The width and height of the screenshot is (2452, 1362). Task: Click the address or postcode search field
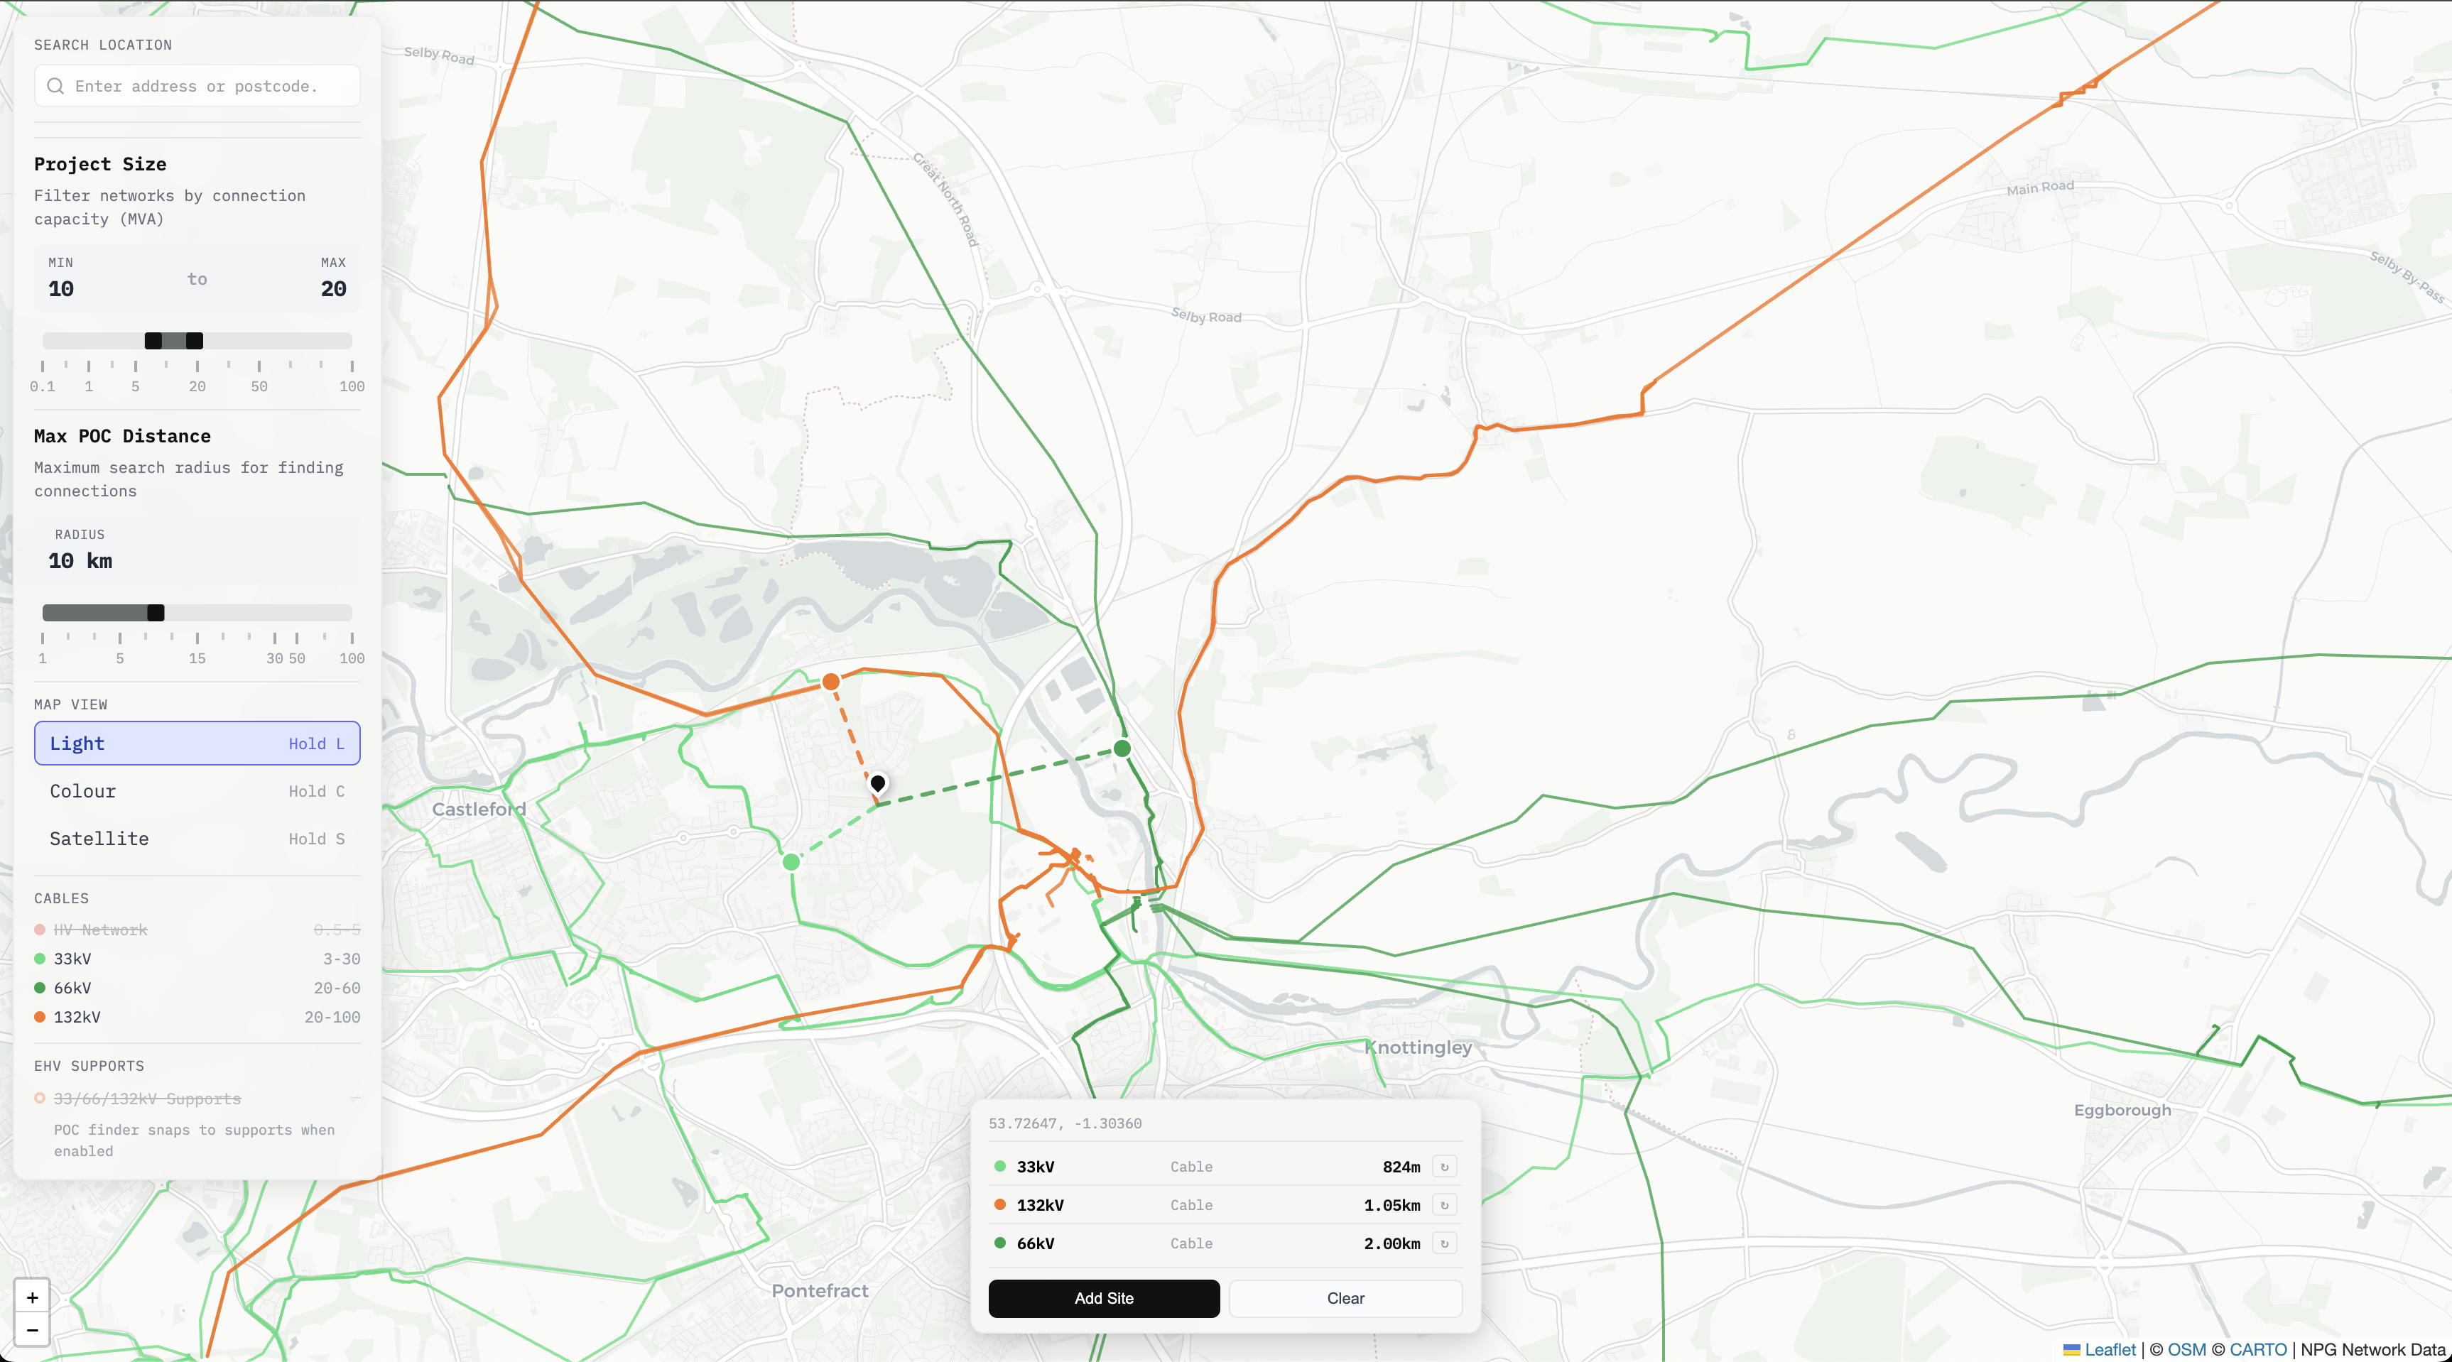tap(196, 86)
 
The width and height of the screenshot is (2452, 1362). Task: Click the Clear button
tap(1345, 1298)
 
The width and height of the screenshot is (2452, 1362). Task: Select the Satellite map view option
tap(196, 839)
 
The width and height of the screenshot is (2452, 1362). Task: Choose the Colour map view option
tap(196, 791)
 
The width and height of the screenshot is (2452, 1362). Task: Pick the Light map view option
tap(196, 743)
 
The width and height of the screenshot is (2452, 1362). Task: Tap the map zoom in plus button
tap(33, 1297)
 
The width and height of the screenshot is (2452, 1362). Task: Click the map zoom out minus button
tap(33, 1329)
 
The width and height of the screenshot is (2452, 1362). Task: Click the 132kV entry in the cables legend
tap(77, 1016)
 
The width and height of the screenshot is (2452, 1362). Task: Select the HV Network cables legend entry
tap(100, 930)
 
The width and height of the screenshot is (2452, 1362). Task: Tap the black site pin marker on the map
tap(878, 783)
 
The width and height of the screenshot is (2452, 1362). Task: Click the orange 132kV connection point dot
tap(831, 682)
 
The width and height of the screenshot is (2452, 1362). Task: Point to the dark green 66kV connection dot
tap(1122, 748)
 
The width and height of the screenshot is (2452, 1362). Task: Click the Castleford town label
tap(479, 809)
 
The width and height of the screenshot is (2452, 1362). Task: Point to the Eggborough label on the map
tap(2122, 1110)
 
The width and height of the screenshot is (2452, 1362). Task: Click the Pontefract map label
tap(820, 1290)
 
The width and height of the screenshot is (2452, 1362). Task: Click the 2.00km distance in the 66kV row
tap(1392, 1243)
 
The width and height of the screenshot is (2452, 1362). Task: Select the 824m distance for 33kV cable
tap(1401, 1167)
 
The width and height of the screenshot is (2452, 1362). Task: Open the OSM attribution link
tap(2186, 1350)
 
